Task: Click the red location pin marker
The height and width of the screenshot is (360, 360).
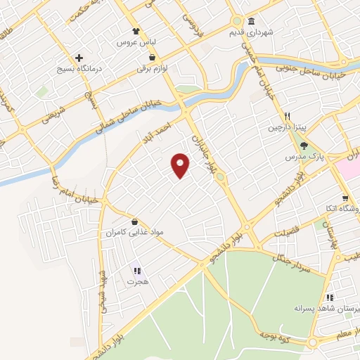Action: tap(181, 165)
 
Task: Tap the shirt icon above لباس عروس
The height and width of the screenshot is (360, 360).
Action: tap(139, 31)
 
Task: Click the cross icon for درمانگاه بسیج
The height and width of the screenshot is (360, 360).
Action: tap(79, 58)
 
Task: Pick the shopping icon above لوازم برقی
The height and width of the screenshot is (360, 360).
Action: tap(152, 58)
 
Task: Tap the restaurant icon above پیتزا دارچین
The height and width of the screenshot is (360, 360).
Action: tap(287, 117)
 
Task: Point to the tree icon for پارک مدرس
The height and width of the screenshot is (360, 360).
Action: tap(304, 146)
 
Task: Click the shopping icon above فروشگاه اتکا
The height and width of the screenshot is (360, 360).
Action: tap(345, 198)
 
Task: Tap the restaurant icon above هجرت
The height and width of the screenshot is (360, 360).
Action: tap(136, 269)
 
